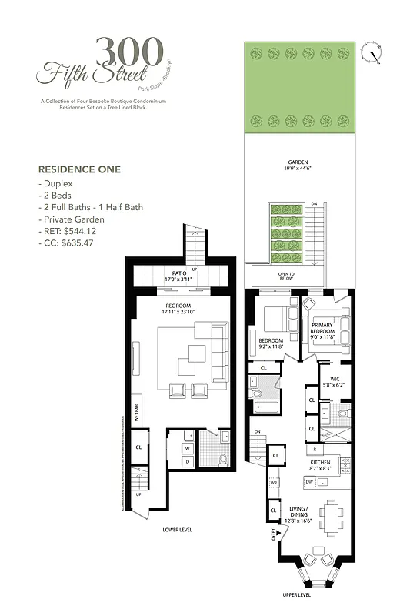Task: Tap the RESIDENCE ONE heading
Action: point(79,169)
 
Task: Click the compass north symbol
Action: point(373,52)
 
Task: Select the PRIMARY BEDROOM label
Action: point(323,329)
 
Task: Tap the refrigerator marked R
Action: point(315,449)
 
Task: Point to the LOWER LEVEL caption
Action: point(177,530)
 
